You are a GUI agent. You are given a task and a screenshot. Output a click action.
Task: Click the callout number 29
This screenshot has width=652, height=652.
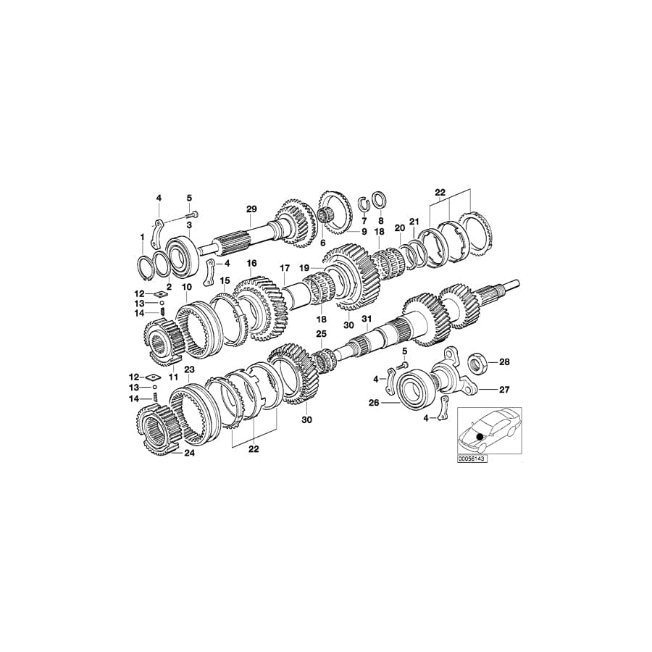point(251,209)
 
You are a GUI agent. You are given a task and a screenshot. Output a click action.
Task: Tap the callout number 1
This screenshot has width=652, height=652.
point(143,237)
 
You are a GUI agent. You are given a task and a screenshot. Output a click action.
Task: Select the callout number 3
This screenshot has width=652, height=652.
point(189,226)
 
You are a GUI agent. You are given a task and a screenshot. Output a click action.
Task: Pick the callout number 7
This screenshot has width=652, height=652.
point(364,220)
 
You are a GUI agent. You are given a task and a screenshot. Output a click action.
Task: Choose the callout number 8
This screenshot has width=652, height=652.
point(380,220)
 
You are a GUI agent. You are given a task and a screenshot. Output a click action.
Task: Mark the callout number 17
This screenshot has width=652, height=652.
point(284,267)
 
